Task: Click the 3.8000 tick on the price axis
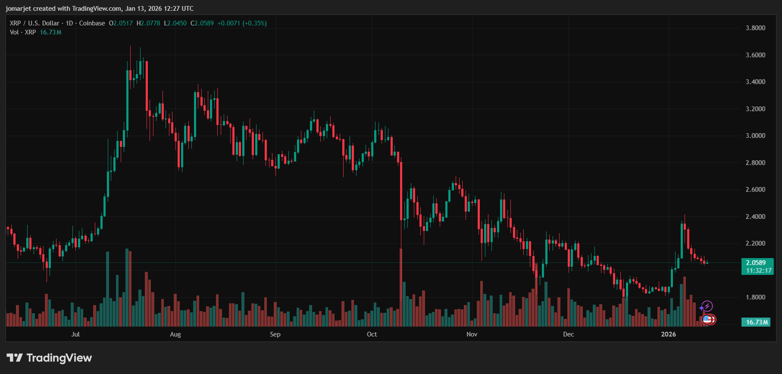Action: [x=755, y=28]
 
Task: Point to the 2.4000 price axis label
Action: [x=755, y=217]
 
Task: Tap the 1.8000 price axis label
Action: [x=755, y=297]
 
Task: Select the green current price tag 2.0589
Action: [x=757, y=263]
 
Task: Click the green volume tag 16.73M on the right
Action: [x=757, y=322]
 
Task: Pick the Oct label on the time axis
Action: [x=372, y=334]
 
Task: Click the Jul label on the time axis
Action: [x=75, y=334]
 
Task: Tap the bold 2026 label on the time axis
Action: [x=669, y=334]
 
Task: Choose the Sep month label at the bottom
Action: [x=275, y=334]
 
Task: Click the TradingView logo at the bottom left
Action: [x=49, y=358]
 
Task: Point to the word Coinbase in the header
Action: [x=92, y=23]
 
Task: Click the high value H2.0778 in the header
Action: [x=148, y=23]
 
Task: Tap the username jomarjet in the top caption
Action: [x=18, y=9]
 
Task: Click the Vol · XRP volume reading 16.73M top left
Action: [x=50, y=32]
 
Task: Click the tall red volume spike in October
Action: [x=401, y=287]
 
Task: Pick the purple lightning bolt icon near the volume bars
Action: [x=707, y=307]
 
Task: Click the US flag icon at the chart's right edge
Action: [x=707, y=319]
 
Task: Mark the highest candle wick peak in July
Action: [x=130, y=47]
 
